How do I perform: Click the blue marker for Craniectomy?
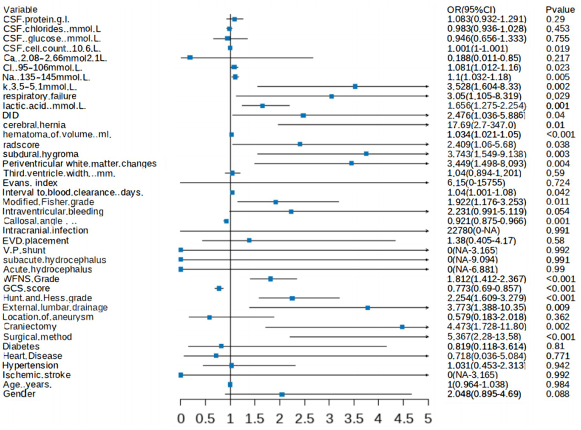click(402, 327)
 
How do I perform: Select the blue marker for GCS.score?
click(219, 288)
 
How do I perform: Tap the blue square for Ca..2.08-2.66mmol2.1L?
click(190, 57)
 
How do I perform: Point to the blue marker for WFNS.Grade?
click(270, 279)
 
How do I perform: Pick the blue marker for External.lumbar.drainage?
click(368, 308)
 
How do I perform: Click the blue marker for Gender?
click(282, 394)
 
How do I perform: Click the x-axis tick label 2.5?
click(304, 419)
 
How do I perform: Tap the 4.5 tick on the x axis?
click(403, 419)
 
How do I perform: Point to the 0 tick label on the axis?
click(181, 419)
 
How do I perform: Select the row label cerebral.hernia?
click(34, 125)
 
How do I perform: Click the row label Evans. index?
click(30, 183)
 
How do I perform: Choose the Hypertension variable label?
click(30, 365)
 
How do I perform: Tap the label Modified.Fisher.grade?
click(48, 202)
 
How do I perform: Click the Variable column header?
click(20, 9)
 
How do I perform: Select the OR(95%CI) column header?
click(471, 9)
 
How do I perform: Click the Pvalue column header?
click(560, 9)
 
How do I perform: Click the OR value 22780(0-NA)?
click(473, 230)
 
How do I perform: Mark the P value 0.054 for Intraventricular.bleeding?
click(558, 211)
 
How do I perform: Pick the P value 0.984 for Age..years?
click(558, 384)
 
